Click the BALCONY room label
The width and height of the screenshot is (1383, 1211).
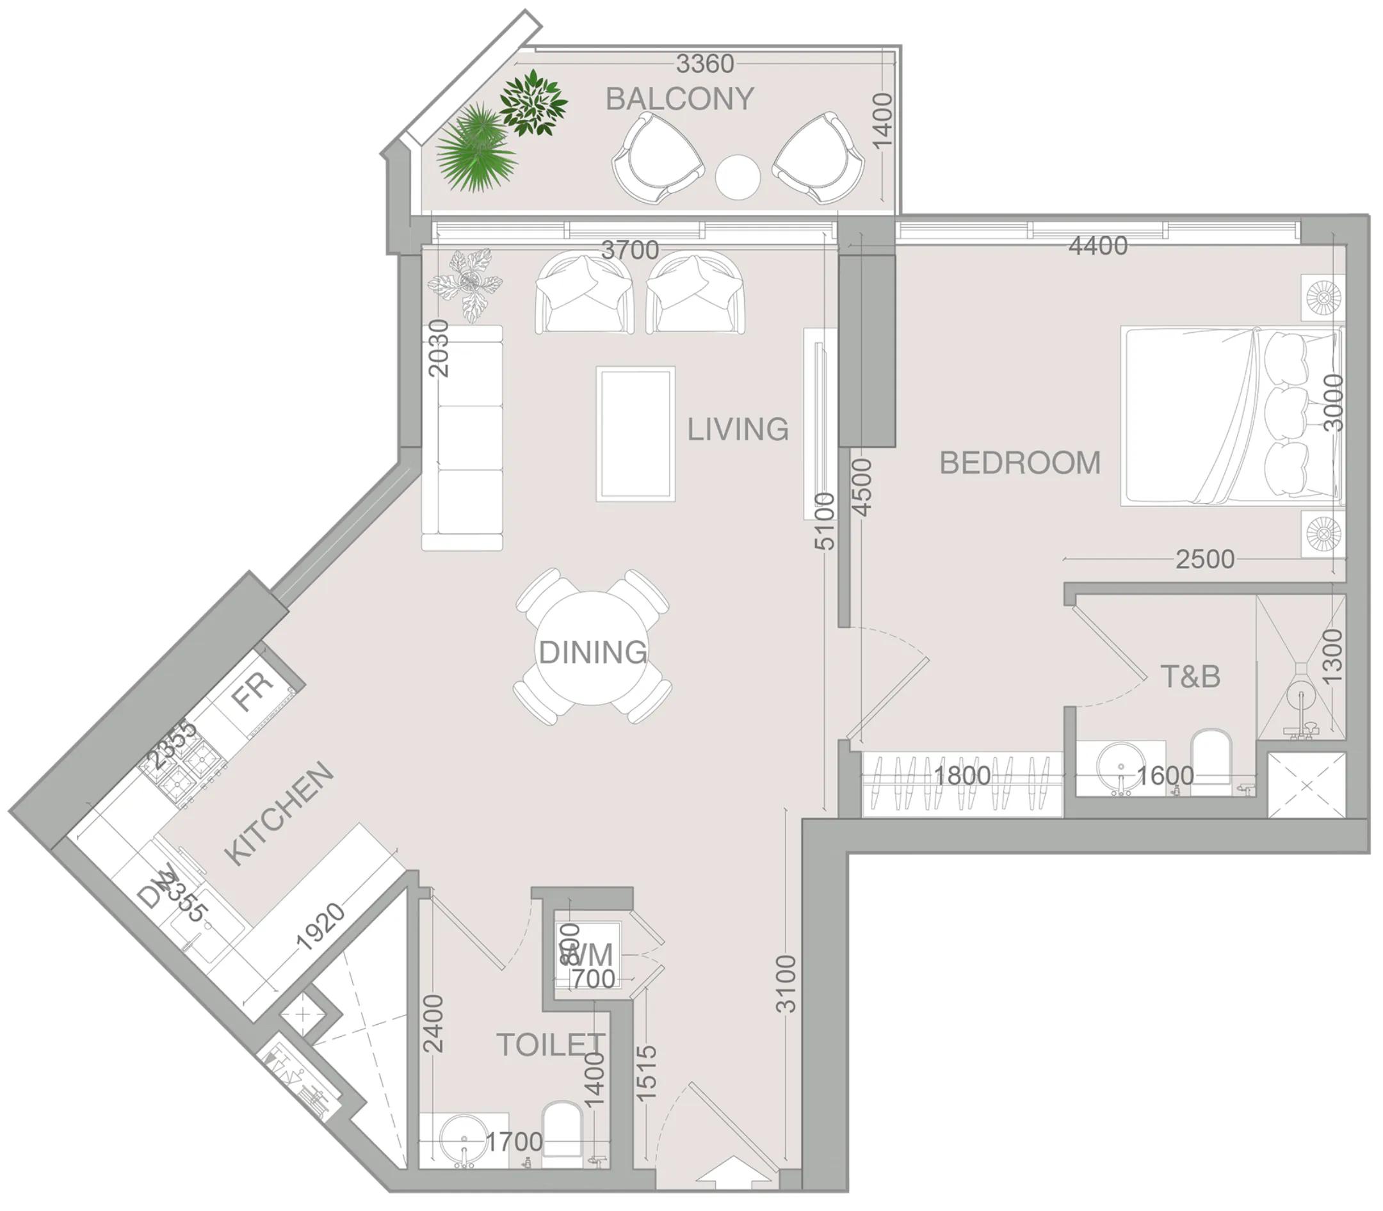679,99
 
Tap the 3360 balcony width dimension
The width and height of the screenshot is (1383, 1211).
704,63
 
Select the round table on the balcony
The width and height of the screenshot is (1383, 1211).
738,177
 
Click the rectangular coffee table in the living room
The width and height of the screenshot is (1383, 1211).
635,434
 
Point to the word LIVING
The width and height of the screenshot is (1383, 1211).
738,429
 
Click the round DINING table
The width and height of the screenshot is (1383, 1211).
592,650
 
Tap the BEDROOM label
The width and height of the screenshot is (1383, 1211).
1020,463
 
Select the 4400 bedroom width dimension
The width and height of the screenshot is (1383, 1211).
1097,245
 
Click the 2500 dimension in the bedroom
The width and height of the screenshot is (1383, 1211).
1204,559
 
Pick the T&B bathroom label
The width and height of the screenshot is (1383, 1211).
1190,677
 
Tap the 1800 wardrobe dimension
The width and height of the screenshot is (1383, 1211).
962,775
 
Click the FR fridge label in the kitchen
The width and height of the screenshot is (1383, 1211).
252,692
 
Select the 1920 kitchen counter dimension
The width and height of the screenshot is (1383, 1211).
320,927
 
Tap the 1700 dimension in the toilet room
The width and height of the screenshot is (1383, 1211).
514,1141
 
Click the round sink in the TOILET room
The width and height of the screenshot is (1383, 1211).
463,1140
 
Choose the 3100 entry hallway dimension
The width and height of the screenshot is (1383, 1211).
786,983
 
